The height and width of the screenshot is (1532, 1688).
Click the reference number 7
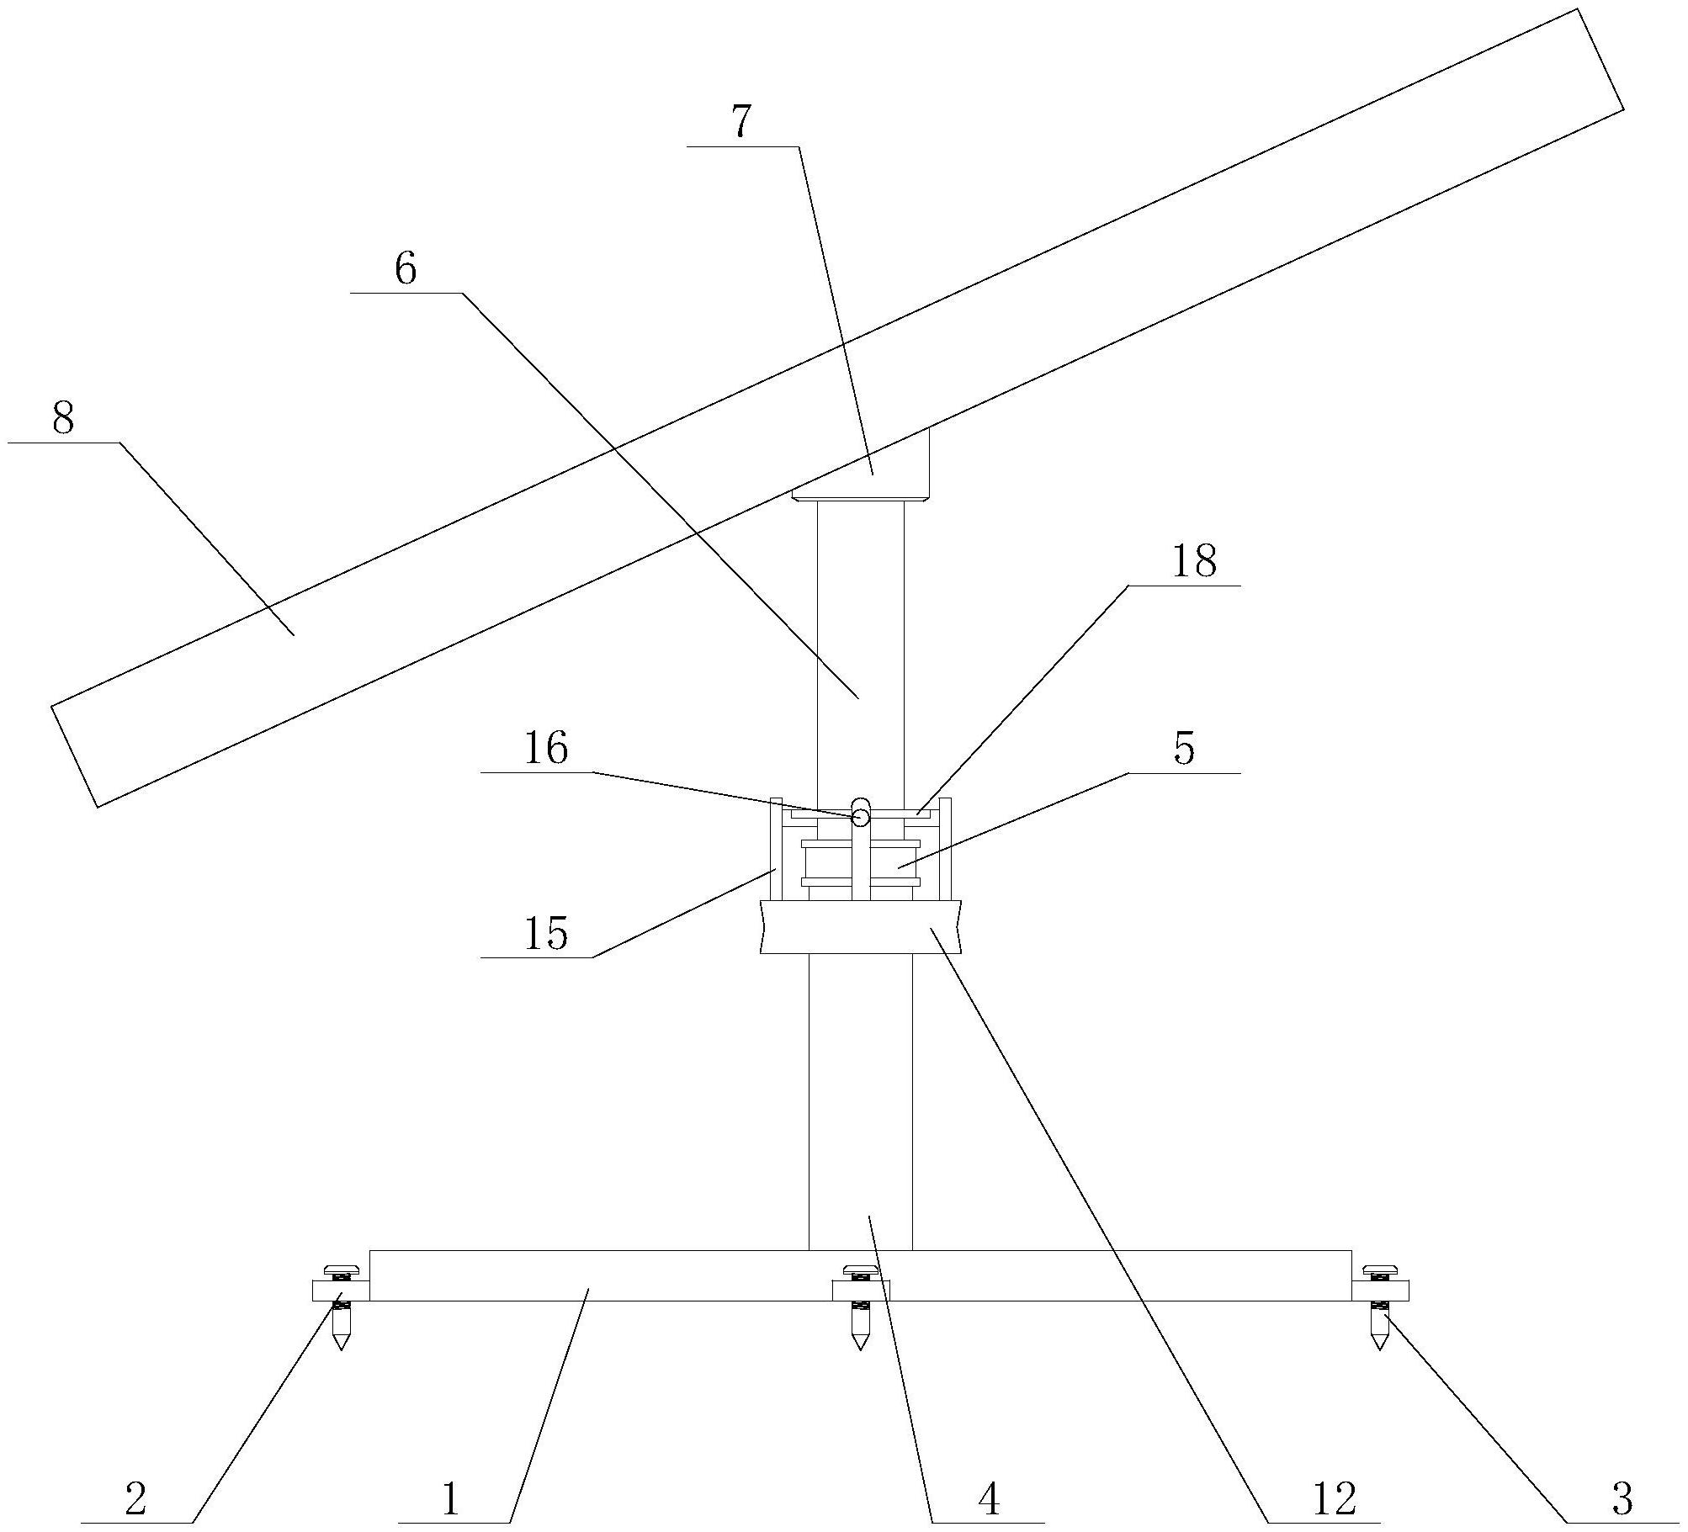(x=740, y=123)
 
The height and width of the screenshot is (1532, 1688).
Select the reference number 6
(x=406, y=270)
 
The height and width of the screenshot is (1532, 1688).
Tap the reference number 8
(x=63, y=418)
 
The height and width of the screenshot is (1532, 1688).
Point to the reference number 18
(x=1193, y=561)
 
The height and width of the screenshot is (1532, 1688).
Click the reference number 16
(x=546, y=748)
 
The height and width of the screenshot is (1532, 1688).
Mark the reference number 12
(x=1334, y=1498)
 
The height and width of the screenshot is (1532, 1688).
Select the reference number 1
(x=451, y=1498)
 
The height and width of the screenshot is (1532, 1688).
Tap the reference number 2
(x=135, y=1498)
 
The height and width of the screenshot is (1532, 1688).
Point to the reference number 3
(x=1622, y=1498)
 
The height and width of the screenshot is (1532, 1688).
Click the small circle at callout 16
(x=860, y=817)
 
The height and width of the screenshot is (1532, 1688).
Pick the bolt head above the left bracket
(x=341, y=1268)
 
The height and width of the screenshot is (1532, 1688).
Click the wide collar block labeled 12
(x=860, y=926)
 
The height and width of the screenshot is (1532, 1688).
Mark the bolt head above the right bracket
(x=1379, y=1268)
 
